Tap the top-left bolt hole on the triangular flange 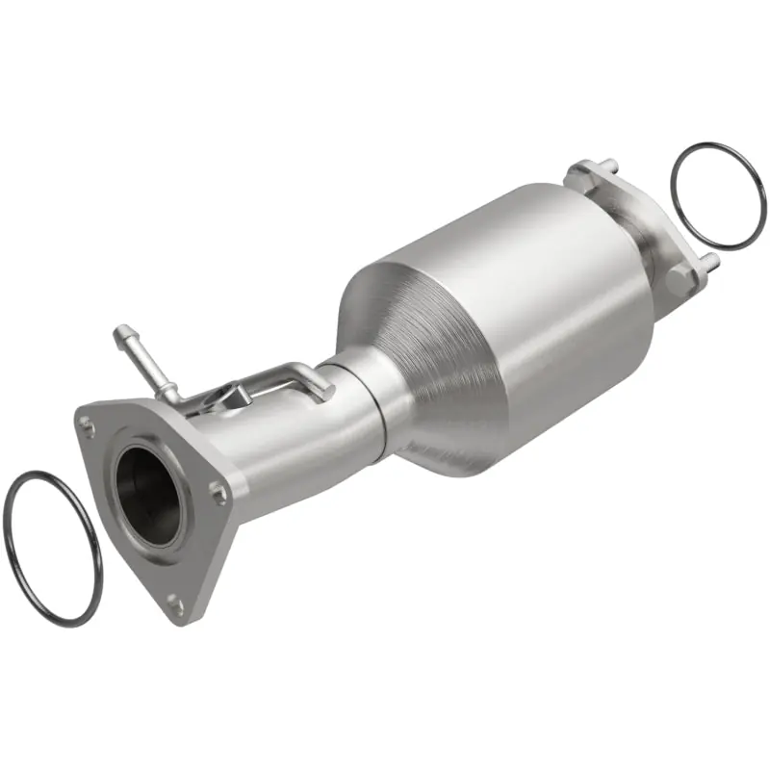point(90,421)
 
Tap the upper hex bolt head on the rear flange point(576,172)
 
